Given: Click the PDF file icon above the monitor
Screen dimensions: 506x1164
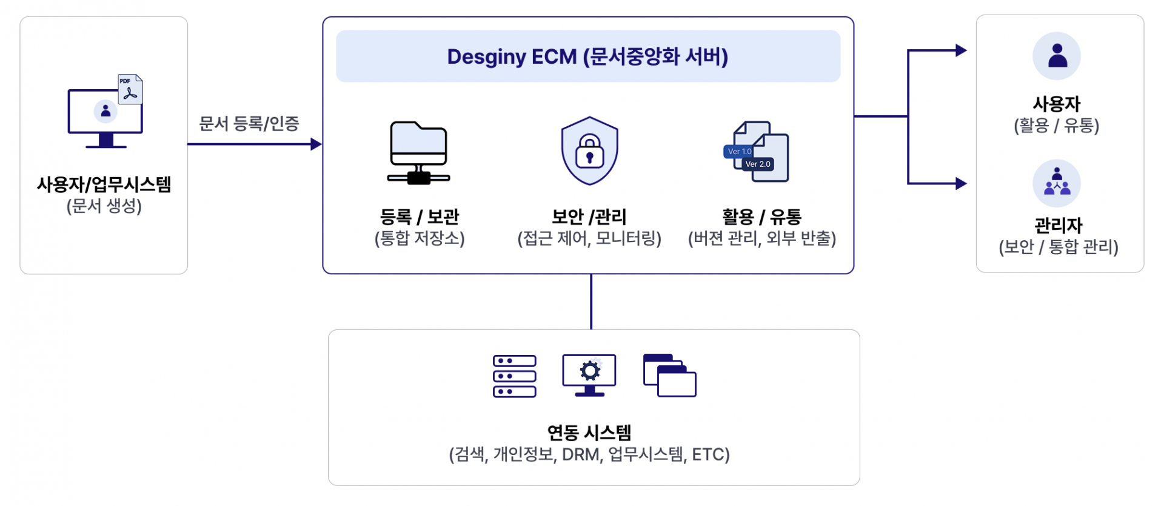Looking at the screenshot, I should pos(130,89).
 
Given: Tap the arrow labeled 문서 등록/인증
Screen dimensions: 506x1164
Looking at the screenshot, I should pos(255,144).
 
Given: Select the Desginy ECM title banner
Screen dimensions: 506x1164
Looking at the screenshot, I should pos(588,56).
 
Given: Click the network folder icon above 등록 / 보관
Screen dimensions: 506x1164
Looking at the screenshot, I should pos(418,152).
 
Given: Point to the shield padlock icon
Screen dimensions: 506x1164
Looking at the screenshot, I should pos(589,151).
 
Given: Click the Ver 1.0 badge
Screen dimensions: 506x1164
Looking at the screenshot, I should pos(739,151).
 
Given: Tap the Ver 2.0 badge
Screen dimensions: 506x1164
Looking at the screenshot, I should pos(758,164).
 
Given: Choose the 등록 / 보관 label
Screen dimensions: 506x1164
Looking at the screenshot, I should pos(419,217).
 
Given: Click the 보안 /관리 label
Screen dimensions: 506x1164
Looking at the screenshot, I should pos(589,217).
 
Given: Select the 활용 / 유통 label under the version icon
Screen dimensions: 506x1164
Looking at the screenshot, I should pos(761,217).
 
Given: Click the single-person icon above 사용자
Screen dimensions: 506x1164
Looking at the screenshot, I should pos(1057,56).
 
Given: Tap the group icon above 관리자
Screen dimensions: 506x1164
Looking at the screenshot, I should pos(1057,183).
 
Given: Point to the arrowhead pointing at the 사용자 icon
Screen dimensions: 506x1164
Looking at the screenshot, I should pos(961,50).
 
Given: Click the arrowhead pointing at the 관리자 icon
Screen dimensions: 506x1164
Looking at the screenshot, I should pos(961,183).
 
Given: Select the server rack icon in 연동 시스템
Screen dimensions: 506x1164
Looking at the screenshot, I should pos(515,376).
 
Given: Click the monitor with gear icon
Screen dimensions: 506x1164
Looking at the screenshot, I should pos(589,375).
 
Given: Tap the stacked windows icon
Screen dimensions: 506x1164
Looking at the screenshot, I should pos(669,376).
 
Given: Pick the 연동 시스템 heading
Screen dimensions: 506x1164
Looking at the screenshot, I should pos(589,433).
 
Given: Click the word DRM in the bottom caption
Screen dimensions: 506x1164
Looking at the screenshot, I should pos(580,454).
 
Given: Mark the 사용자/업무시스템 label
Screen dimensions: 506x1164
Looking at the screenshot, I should pos(104,184).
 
